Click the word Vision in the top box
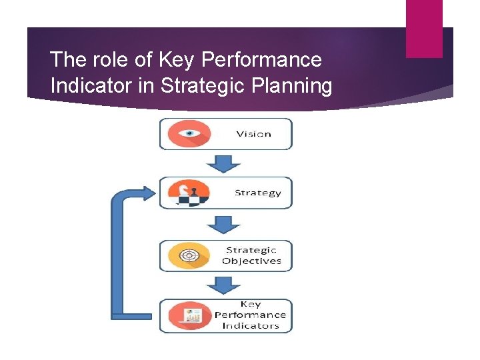point(253,133)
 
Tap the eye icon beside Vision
point(189,133)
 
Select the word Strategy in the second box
point(257,193)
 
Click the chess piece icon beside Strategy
point(189,193)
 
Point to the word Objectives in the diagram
point(251,261)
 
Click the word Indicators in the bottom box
point(251,325)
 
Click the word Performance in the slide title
point(261,60)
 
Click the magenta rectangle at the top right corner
point(424,28)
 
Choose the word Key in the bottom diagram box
point(251,305)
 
